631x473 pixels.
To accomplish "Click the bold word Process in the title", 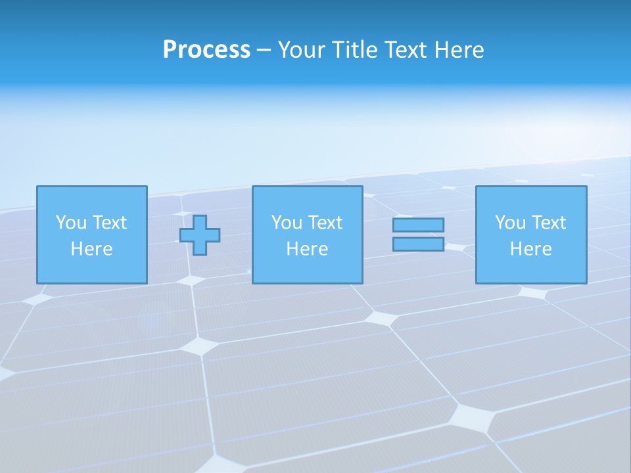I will [206, 50].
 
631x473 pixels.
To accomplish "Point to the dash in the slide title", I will [264, 51].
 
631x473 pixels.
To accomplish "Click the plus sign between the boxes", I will [200, 235].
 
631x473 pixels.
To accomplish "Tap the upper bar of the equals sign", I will [418, 225].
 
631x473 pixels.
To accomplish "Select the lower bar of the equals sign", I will [418, 244].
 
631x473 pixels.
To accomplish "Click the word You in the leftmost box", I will [71, 223].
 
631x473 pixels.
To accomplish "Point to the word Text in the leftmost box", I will [108, 223].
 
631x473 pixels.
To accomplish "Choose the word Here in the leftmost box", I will [91, 249].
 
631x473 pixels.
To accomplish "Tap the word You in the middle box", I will [287, 223].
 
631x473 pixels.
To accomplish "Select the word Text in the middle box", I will [324, 223].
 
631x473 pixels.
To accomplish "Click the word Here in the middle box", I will [307, 249].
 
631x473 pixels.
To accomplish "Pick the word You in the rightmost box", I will [510, 223].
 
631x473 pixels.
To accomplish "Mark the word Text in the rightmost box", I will [548, 223].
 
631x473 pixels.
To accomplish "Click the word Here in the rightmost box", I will [530, 249].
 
